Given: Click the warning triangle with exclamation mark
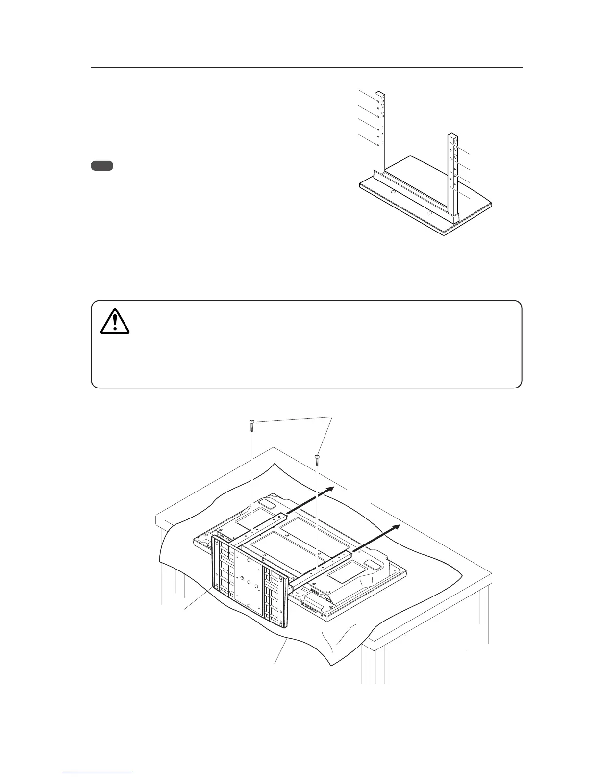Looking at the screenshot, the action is click(x=115, y=321).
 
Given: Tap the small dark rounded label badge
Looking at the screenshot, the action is click(x=102, y=166).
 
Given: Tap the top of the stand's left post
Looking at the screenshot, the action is click(x=379, y=93).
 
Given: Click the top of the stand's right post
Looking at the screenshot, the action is click(x=453, y=135).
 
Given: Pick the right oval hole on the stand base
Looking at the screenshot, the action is click(x=429, y=213).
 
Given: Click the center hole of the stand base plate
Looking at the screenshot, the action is click(x=250, y=583).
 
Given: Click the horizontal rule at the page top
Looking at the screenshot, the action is click(x=306, y=68).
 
